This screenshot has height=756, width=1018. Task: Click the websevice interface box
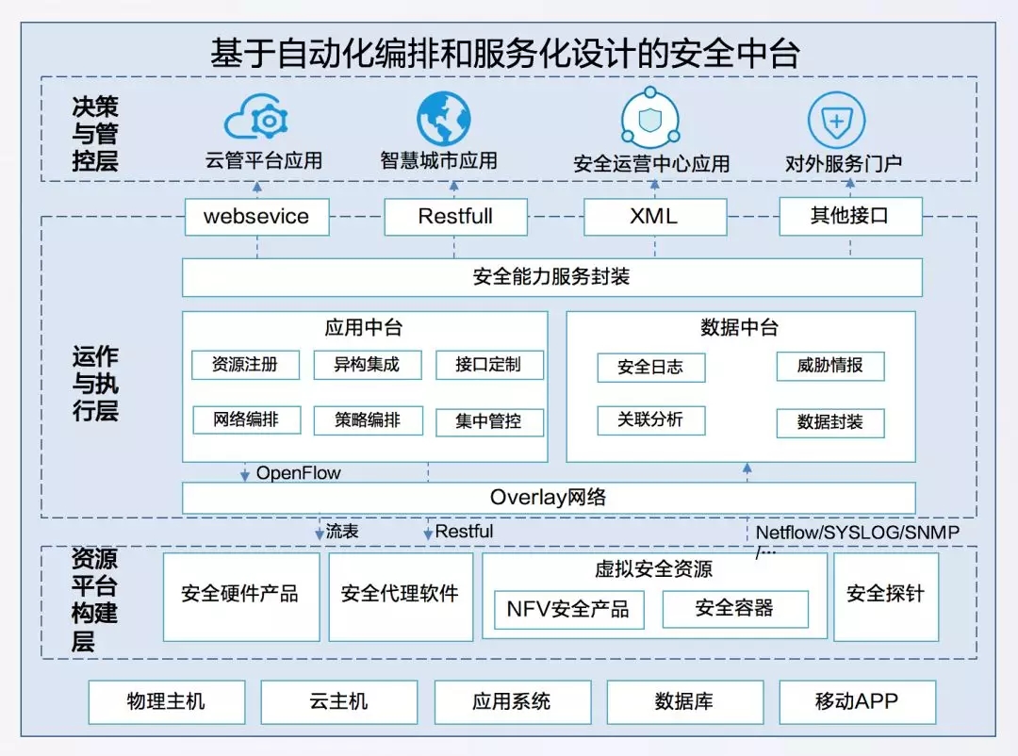tap(256, 217)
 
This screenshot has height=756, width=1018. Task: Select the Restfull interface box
tap(455, 217)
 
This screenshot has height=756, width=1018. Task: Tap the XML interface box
tap(654, 217)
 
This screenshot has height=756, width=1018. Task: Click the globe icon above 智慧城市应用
tap(443, 119)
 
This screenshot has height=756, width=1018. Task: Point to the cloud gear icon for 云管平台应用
tap(256, 121)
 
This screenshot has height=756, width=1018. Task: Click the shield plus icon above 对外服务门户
tap(836, 121)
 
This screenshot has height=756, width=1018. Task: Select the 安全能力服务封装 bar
tap(551, 277)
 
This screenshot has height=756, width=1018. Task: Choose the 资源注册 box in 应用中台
tap(245, 365)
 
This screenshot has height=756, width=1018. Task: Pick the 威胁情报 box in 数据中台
tap(829, 366)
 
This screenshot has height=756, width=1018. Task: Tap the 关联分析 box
tap(650, 419)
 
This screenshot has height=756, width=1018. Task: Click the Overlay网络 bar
tap(548, 498)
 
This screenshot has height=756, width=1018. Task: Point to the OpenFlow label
tap(298, 473)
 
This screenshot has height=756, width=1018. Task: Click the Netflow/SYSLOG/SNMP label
tap(857, 534)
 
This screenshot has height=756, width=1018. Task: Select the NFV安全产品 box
tap(568, 610)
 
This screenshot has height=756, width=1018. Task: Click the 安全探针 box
tap(886, 595)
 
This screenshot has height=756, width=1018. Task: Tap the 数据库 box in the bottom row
tap(684, 702)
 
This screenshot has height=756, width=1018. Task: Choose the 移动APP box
tap(857, 702)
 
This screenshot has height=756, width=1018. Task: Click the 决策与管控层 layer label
tap(95, 134)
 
